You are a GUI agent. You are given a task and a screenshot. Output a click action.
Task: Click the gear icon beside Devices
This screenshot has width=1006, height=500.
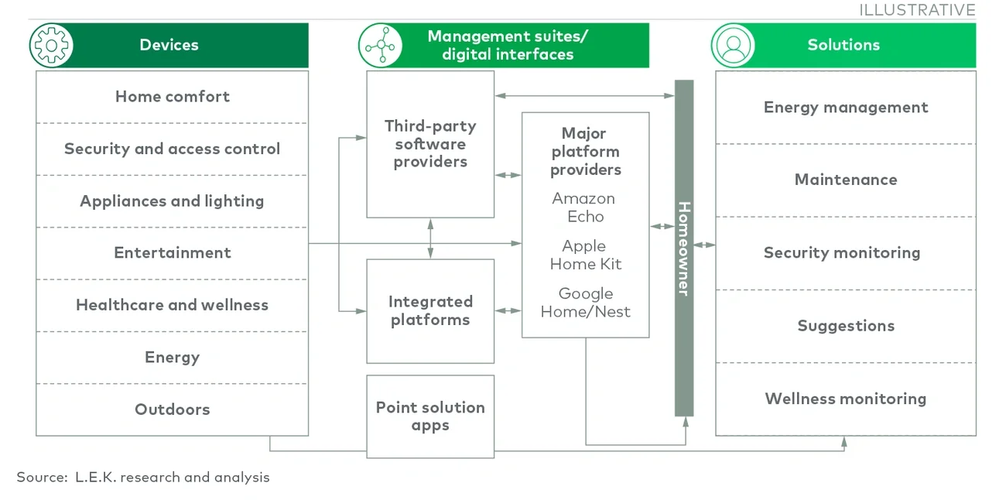point(51,45)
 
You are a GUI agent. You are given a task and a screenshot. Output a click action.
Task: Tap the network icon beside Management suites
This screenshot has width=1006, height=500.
point(380,45)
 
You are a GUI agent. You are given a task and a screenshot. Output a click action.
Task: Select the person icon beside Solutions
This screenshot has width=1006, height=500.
point(733,45)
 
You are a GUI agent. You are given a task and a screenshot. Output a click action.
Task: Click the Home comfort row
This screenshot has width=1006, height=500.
point(172,97)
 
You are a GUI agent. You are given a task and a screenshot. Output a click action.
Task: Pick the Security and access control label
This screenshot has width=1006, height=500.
point(172,149)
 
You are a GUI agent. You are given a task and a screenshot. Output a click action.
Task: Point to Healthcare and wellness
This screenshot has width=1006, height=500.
point(172,305)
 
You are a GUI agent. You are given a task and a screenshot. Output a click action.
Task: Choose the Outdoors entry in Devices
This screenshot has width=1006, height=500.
point(172,409)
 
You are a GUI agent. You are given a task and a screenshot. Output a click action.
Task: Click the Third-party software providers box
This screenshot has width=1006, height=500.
point(430,144)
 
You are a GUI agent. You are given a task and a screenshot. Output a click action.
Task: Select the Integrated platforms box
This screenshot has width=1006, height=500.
point(430,311)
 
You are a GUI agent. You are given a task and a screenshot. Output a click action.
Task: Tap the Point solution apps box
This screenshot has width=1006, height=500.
point(430,416)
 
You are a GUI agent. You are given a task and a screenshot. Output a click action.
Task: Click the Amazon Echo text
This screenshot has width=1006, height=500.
point(584,207)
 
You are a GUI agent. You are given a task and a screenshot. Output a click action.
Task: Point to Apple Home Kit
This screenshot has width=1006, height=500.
point(585,255)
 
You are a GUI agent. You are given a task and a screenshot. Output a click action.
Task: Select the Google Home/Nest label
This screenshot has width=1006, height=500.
point(585,303)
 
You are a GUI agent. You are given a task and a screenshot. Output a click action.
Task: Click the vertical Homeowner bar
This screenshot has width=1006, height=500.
point(684,248)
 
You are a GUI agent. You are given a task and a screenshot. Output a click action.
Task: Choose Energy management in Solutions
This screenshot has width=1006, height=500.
point(845,108)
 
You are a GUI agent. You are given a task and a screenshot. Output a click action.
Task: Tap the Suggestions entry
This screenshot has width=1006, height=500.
point(845,326)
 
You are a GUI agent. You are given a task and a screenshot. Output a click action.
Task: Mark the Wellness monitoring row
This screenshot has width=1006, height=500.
point(845,399)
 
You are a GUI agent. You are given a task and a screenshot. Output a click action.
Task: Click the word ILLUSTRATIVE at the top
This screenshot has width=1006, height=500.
point(917,10)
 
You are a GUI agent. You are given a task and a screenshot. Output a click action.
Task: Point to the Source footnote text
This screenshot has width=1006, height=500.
point(143,477)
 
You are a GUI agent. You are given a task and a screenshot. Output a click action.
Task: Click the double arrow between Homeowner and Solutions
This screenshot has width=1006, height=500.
point(704,245)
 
